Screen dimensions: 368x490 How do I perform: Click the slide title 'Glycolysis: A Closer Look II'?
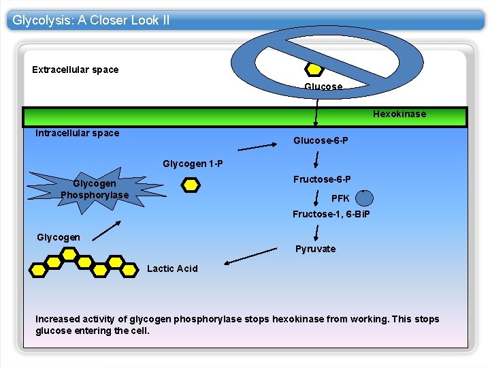[91, 20]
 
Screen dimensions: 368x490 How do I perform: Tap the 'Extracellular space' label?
[75, 70]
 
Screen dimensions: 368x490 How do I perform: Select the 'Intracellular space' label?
[77, 133]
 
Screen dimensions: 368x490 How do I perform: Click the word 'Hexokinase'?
[399, 114]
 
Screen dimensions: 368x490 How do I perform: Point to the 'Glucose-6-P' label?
[321, 140]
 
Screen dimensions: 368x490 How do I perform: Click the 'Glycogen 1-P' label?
[193, 164]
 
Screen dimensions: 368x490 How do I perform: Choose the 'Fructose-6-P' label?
[322, 179]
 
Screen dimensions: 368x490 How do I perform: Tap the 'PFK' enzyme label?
[340, 198]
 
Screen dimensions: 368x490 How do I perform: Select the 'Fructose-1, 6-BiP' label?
[331, 214]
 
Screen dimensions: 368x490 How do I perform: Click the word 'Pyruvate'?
[315, 249]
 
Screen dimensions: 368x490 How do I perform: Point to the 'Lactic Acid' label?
[172, 269]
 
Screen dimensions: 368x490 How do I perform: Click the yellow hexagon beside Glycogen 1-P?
[191, 185]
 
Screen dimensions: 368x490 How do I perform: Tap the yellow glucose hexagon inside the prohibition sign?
[314, 69]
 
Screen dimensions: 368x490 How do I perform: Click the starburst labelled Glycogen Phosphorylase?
[95, 189]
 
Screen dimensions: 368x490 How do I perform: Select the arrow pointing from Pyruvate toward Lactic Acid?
[251, 257]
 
